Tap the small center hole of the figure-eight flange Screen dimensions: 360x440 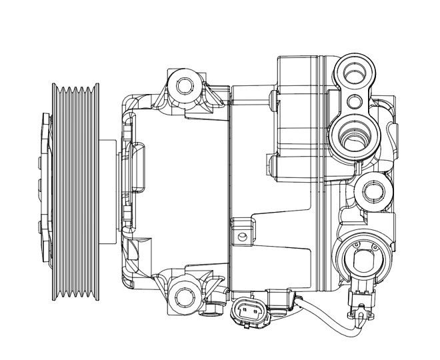[355, 102]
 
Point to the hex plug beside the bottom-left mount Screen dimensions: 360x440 [213, 307]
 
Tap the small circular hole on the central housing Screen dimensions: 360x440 [243, 237]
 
